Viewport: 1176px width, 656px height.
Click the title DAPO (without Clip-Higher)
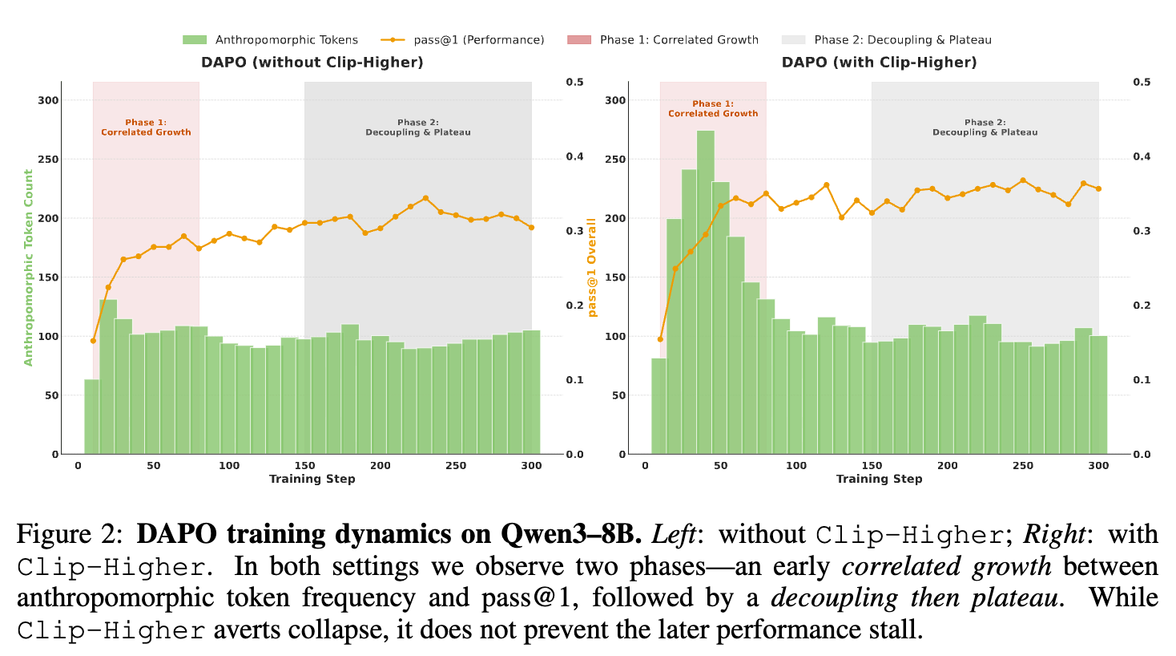point(312,63)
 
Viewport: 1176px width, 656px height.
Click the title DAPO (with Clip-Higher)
point(879,63)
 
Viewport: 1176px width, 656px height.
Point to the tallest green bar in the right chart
point(705,293)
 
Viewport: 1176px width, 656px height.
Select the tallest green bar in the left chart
point(108,377)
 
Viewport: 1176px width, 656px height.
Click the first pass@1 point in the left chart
point(93,341)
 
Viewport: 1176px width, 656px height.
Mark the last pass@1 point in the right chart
point(1098,188)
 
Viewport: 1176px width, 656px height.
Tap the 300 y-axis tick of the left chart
point(49,100)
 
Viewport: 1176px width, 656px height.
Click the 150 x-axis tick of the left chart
point(304,465)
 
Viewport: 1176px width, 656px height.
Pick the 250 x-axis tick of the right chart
point(1023,465)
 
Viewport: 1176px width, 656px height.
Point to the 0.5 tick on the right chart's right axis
point(1142,82)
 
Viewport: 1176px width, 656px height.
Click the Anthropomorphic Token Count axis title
point(29,268)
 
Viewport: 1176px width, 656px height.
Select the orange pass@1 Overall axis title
point(592,268)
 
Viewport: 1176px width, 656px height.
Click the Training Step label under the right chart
point(879,479)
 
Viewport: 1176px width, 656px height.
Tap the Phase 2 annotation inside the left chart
point(418,128)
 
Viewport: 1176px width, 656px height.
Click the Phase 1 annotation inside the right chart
point(713,108)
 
